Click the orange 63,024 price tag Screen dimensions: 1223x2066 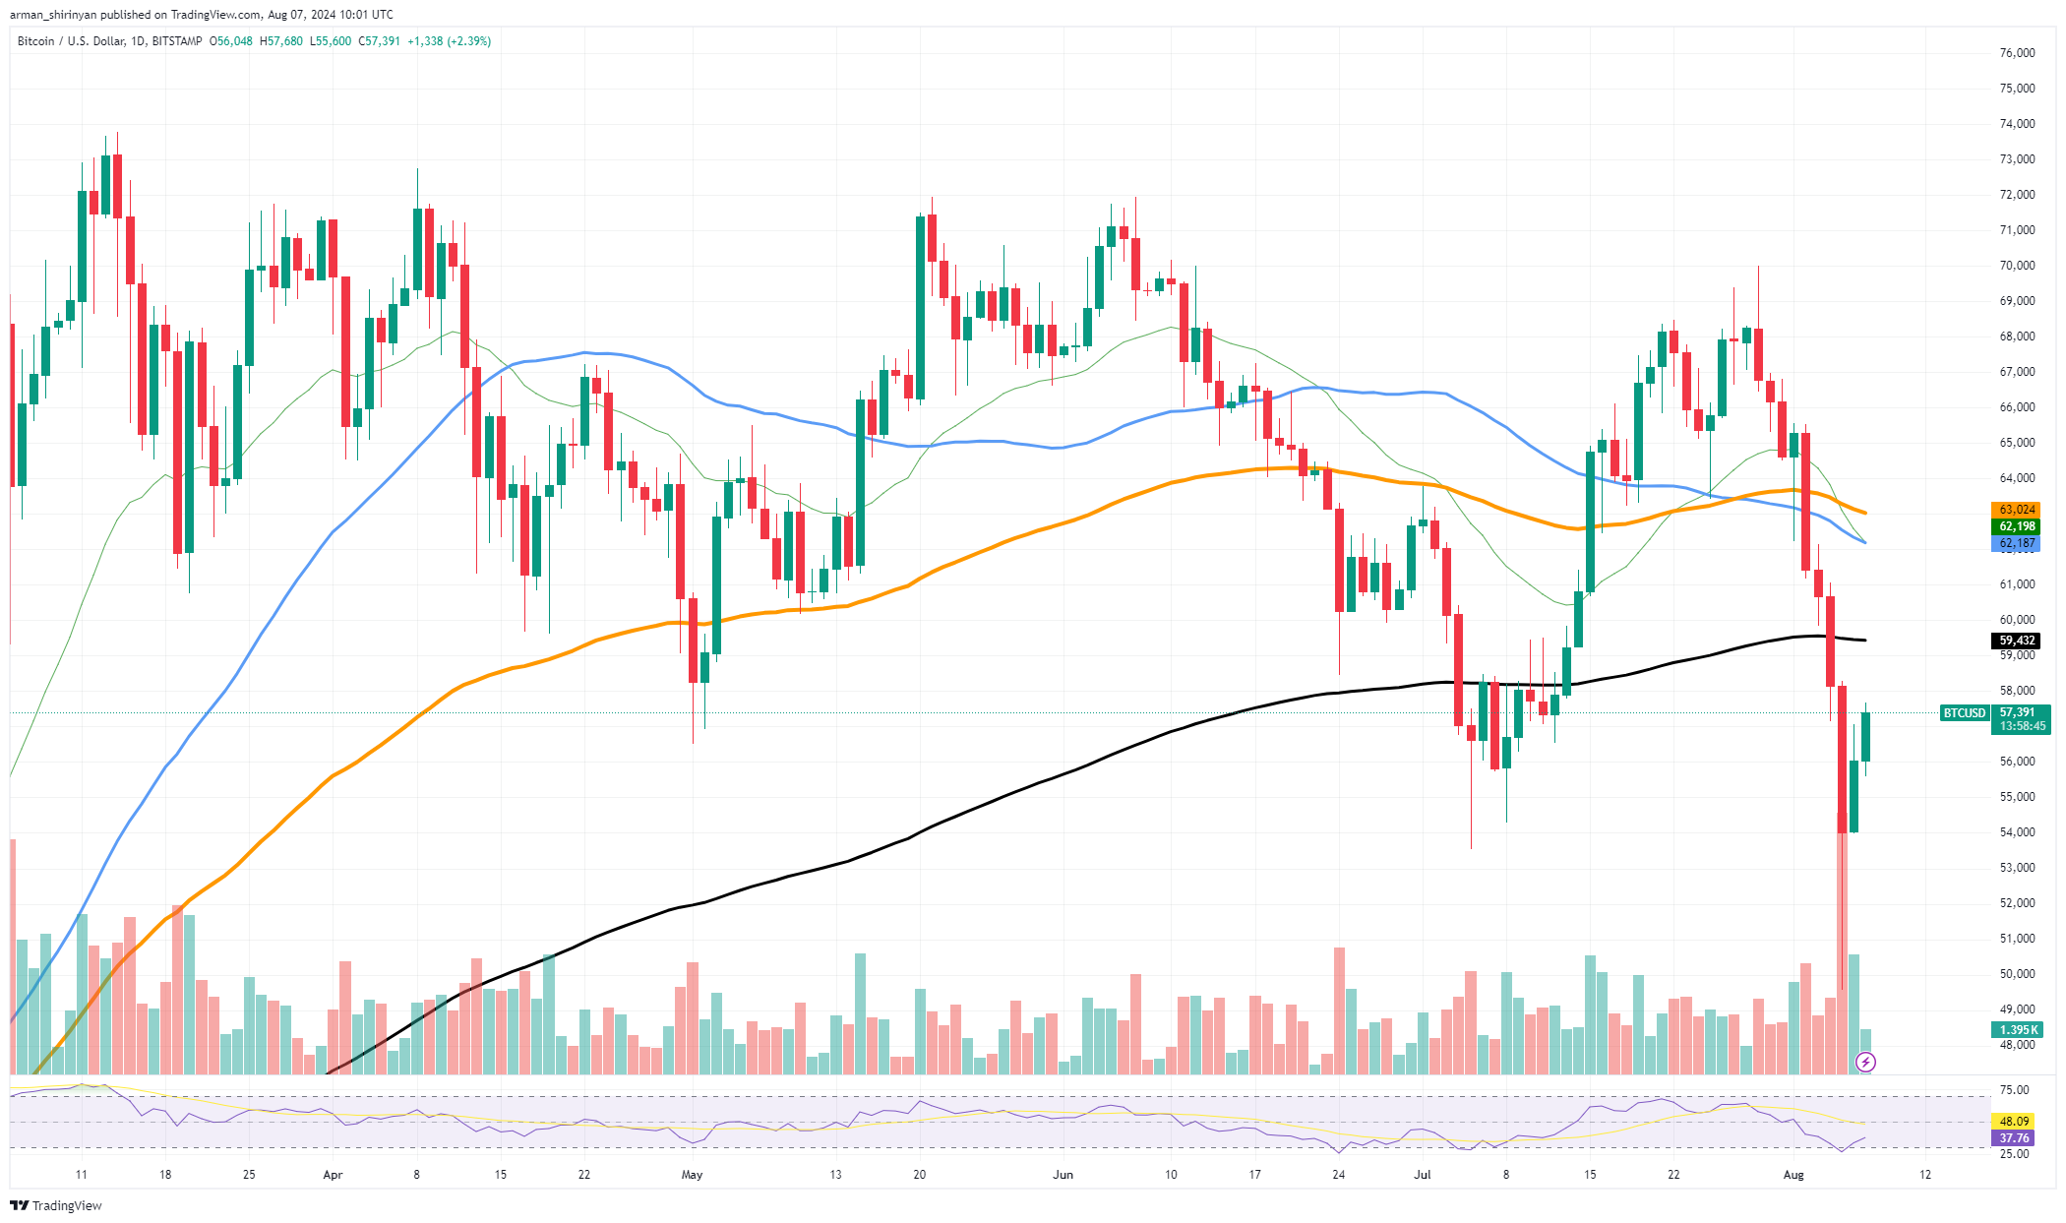click(2017, 510)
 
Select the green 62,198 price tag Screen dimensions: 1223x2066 click(2017, 526)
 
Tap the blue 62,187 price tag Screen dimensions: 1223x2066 click(2017, 543)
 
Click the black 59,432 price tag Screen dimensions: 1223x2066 click(2017, 641)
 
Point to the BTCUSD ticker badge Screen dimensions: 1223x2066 click(1964, 713)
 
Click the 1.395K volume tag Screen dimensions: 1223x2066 click(2017, 1030)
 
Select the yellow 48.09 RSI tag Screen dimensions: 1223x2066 click(2015, 1121)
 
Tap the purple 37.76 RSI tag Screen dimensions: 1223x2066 click(2015, 1138)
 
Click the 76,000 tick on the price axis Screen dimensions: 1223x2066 click(2017, 53)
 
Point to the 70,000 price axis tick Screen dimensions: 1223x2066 click(2017, 266)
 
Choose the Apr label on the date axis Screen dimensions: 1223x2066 click(333, 1175)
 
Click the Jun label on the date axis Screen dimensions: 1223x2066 click(1063, 1175)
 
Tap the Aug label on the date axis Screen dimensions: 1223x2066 click(1793, 1175)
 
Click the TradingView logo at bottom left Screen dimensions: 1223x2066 click(57, 1206)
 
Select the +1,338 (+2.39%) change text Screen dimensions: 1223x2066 click(449, 41)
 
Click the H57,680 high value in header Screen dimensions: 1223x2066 click(280, 41)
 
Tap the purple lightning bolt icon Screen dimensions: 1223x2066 click(1865, 1062)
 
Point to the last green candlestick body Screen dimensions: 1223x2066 click(1865, 736)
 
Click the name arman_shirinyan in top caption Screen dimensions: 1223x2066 click(53, 15)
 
